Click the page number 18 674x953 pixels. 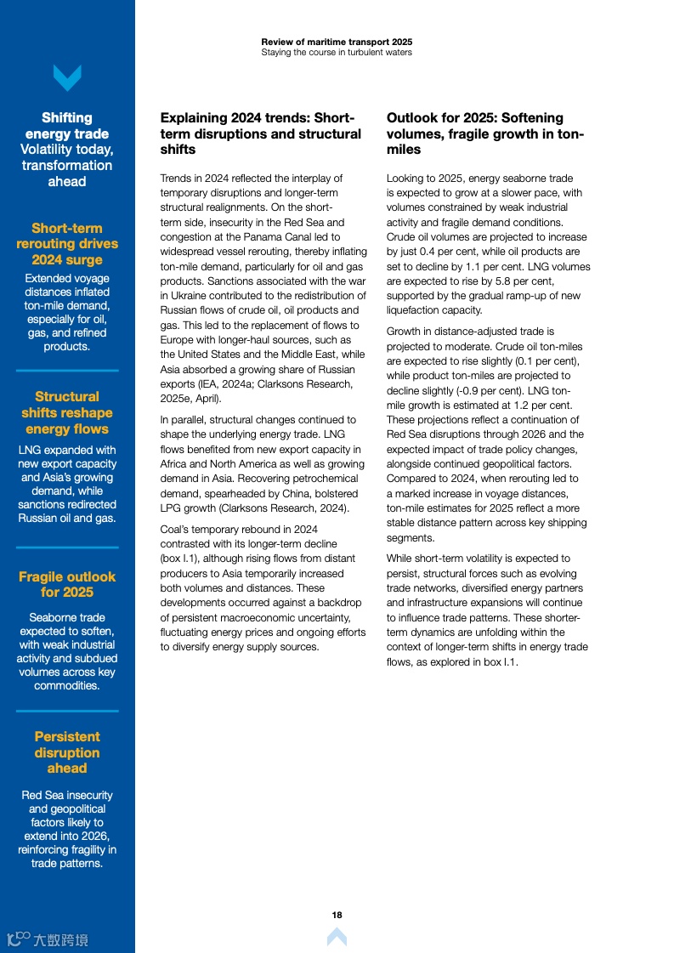tap(337, 915)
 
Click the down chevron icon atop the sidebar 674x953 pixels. tap(67, 78)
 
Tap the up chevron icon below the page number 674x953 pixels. tap(337, 937)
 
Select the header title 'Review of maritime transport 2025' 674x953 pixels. tap(337, 42)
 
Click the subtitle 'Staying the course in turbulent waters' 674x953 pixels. tap(337, 53)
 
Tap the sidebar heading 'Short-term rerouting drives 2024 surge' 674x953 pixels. tap(67, 244)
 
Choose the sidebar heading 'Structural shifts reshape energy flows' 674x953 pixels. tap(67, 412)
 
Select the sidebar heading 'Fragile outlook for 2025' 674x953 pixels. tap(67, 584)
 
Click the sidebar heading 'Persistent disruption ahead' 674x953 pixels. tap(67, 752)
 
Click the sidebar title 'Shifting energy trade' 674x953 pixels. tap(67, 126)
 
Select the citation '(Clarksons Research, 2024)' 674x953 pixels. tap(286, 508)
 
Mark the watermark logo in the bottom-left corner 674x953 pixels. tap(47, 939)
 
